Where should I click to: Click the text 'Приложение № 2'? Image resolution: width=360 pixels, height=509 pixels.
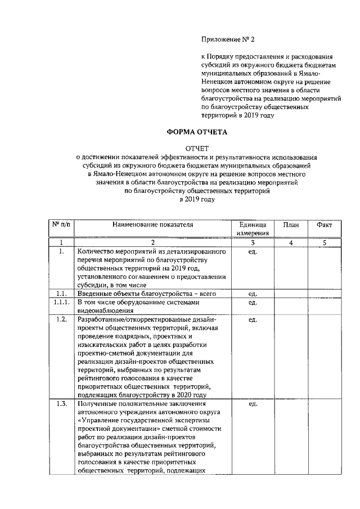tap(228, 39)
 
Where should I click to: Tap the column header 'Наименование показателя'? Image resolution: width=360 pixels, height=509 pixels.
tap(152, 224)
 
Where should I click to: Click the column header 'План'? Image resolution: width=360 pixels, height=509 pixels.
tap(291, 224)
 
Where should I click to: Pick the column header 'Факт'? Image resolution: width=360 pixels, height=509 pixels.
tap(325, 224)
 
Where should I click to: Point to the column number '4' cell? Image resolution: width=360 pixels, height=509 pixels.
tap(291, 242)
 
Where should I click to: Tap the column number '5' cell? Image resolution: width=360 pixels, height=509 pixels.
tap(325, 242)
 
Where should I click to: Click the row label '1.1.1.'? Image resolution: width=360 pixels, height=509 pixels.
tap(62, 302)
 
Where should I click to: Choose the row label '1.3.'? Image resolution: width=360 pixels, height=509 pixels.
tap(62, 404)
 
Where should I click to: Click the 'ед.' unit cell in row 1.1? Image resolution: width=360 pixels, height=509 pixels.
tap(253, 293)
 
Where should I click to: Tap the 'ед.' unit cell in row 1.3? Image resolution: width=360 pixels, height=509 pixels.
tap(253, 404)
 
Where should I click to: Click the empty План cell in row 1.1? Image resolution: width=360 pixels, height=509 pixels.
tap(291, 293)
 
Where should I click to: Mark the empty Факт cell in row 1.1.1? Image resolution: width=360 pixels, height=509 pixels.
tap(325, 306)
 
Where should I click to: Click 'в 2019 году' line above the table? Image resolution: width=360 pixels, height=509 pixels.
tap(197, 199)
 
